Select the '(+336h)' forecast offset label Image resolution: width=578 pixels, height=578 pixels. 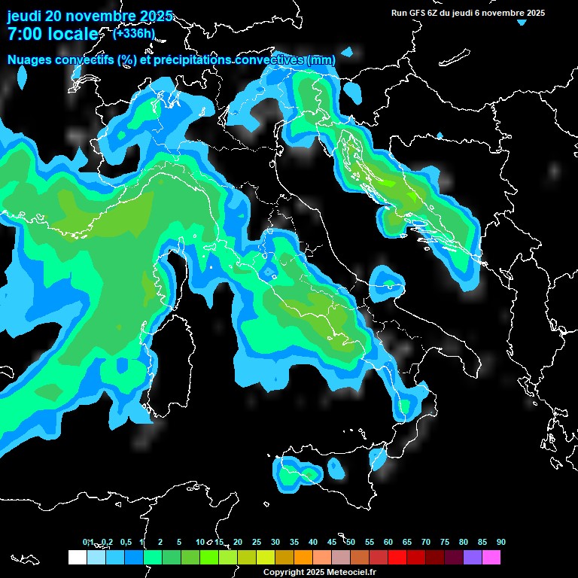[134, 33]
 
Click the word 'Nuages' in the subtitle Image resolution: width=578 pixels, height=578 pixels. [30, 60]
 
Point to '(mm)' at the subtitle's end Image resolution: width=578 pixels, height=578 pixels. [321, 60]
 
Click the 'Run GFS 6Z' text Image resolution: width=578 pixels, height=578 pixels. [418, 13]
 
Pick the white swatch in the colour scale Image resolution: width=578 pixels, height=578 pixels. [77, 558]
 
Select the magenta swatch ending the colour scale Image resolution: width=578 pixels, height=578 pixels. [491, 558]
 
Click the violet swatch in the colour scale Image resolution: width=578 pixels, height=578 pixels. [473, 558]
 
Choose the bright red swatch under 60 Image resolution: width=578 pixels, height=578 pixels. [397, 558]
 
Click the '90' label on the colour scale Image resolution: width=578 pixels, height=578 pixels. [501, 542]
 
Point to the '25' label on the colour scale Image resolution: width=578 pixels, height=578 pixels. [257, 542]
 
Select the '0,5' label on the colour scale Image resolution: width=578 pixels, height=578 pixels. [125, 542]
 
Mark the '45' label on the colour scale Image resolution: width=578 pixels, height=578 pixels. [332, 542]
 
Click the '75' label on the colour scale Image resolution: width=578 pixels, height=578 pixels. [445, 542]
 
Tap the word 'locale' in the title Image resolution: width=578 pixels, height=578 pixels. [71, 34]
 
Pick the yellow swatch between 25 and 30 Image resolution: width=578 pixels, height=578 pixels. [265, 558]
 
